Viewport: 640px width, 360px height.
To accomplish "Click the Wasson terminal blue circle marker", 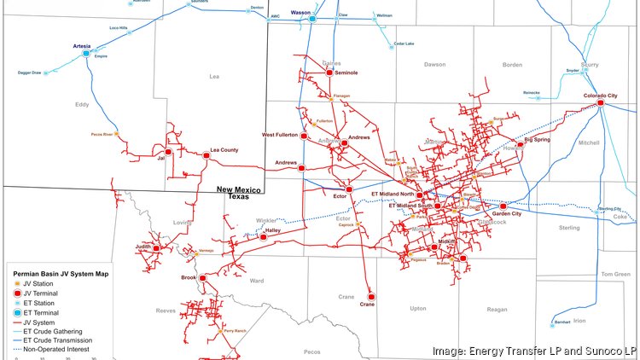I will (x=312, y=18).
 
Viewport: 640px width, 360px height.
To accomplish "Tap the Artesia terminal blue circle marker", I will (x=85, y=53).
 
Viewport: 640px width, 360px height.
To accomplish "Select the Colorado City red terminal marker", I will (x=601, y=102).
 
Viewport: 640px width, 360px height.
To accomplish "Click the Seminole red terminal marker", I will (x=329, y=73).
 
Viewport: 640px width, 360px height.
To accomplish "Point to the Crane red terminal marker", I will (x=370, y=297).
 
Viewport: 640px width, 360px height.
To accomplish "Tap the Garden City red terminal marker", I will (x=503, y=206).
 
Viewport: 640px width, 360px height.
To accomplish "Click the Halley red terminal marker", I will (x=263, y=236).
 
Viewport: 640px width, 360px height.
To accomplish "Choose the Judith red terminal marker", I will (x=156, y=247).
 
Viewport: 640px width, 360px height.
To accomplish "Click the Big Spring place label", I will (x=539, y=138).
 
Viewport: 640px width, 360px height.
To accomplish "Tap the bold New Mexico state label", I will (x=241, y=189).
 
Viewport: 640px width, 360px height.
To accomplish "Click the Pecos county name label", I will (x=312, y=351).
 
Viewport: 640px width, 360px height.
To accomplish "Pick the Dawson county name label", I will (x=434, y=64).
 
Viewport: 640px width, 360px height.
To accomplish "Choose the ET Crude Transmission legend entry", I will (x=58, y=340).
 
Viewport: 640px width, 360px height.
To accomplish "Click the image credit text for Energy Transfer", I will (x=535, y=351).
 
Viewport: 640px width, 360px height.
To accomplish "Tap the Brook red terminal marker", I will (x=203, y=277).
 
